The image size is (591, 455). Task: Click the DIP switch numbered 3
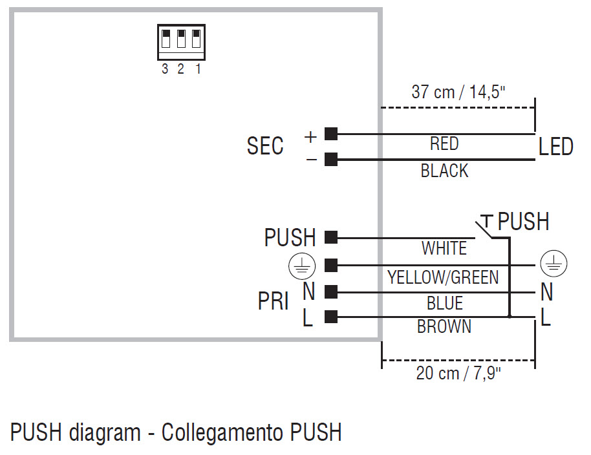[166, 39]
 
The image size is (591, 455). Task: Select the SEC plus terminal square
[331, 134]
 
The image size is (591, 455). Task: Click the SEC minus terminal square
[331, 160]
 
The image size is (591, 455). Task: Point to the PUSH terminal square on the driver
[331, 237]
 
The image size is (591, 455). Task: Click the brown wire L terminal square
[331, 317]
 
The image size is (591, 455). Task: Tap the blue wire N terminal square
[331, 291]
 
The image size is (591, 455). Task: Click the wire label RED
[444, 144]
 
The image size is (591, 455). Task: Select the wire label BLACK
[444, 171]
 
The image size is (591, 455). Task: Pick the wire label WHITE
[444, 248]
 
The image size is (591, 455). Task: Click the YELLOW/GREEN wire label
[443, 277]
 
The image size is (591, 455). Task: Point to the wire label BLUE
[444, 303]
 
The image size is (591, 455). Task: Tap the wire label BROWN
[444, 327]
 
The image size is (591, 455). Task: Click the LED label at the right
[555, 147]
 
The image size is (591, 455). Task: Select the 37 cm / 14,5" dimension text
[458, 92]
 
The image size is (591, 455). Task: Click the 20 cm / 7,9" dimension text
[458, 374]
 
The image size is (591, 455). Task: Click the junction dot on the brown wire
[510, 317]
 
